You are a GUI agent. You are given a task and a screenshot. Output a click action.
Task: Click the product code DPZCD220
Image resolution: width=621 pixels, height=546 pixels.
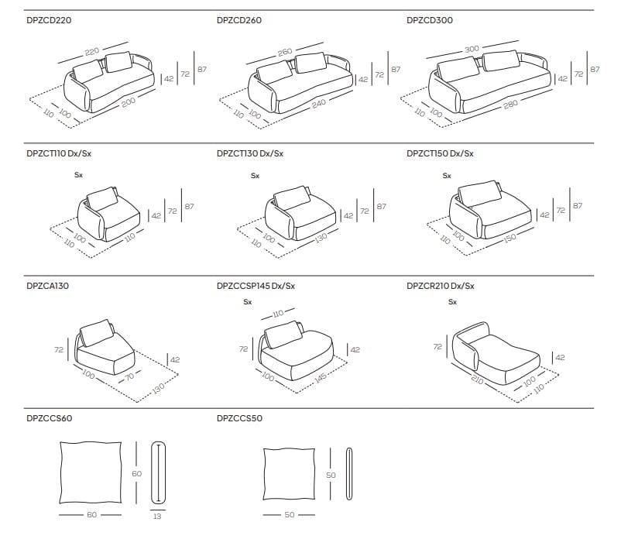coord(49,20)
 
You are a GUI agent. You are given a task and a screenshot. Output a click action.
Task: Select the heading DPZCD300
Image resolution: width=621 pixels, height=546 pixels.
coord(429,20)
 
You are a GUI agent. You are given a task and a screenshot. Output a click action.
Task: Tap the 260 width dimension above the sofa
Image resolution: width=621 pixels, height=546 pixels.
coord(285,52)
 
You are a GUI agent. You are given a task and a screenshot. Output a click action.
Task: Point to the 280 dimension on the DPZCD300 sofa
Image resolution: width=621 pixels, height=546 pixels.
coord(511,105)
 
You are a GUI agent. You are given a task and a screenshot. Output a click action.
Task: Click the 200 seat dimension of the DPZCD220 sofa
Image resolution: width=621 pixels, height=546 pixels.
coord(129,102)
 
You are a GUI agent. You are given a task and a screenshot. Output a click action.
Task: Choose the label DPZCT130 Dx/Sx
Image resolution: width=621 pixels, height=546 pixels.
coord(250,153)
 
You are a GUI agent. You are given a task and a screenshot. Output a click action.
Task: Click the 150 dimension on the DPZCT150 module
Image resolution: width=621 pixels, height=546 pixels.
coord(509,238)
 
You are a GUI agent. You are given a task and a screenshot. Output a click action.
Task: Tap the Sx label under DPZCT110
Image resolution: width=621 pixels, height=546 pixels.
coord(78,175)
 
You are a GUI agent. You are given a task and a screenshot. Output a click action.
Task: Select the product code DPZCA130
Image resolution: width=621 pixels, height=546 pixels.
coord(47,286)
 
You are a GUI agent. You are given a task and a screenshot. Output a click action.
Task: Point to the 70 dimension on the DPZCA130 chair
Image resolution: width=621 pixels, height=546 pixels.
coord(130,377)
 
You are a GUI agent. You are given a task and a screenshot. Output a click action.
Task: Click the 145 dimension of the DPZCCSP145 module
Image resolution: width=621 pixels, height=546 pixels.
coord(321,378)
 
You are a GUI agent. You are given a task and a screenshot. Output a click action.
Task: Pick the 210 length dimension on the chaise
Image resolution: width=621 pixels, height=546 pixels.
coord(477,380)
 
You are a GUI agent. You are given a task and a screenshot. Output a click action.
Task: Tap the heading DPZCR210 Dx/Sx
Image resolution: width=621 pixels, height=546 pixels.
coord(440,286)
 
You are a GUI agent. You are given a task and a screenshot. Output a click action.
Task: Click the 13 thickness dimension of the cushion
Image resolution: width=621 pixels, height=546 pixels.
coord(157,517)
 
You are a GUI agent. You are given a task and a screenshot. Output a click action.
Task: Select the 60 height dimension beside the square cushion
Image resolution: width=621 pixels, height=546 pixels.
coord(136,473)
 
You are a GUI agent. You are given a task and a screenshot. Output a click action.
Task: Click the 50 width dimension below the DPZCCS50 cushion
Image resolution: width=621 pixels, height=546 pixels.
coord(290,515)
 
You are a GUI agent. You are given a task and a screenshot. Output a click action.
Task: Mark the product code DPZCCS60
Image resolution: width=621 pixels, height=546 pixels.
coord(49,418)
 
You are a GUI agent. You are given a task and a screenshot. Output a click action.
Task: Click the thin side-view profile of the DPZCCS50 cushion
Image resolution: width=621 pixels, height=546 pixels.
coord(349,474)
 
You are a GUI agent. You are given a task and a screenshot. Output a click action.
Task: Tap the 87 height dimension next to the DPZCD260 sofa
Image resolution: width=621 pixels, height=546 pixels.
coord(396,70)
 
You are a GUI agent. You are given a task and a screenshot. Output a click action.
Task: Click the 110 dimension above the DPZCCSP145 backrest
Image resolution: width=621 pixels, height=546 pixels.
coord(278,314)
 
